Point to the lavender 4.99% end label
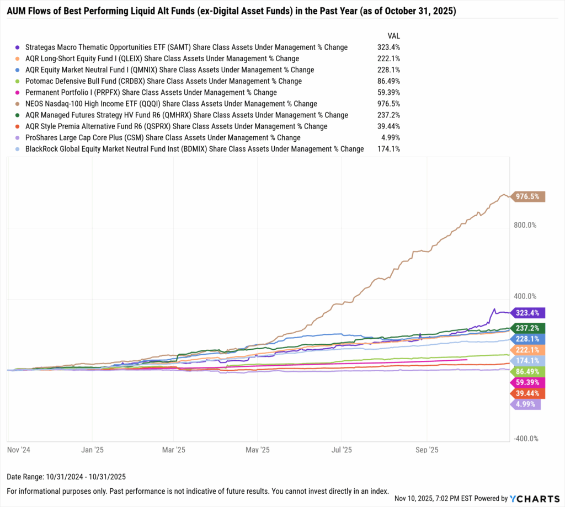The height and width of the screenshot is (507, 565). coord(525,404)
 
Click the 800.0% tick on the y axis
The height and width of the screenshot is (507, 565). coord(525,225)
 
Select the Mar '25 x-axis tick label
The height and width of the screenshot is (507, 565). coord(174,450)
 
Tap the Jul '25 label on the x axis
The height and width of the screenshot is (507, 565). coord(342,450)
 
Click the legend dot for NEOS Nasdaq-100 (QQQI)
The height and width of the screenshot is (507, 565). coord(18,104)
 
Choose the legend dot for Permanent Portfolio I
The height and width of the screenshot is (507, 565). coord(18,93)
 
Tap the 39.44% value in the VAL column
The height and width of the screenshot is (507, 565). coord(389,126)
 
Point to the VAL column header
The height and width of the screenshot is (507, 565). coord(394,35)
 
